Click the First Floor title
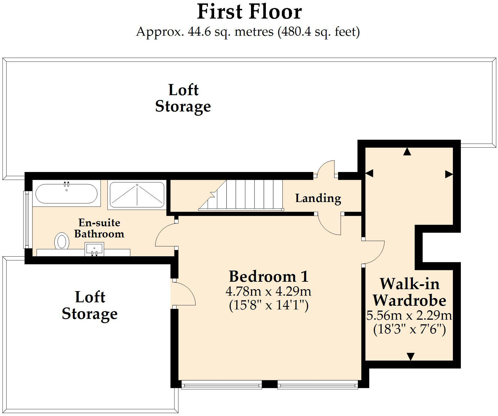249,12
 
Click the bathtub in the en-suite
66,194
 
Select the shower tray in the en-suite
137,195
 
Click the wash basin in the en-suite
94,249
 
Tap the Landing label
318,198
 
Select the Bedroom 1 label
269,277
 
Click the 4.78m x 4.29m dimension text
268,292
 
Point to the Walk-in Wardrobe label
409,292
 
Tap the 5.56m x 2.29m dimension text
409,316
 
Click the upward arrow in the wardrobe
407,152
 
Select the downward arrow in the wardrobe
410,356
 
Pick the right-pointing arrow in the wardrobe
449,174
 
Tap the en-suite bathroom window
27,220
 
